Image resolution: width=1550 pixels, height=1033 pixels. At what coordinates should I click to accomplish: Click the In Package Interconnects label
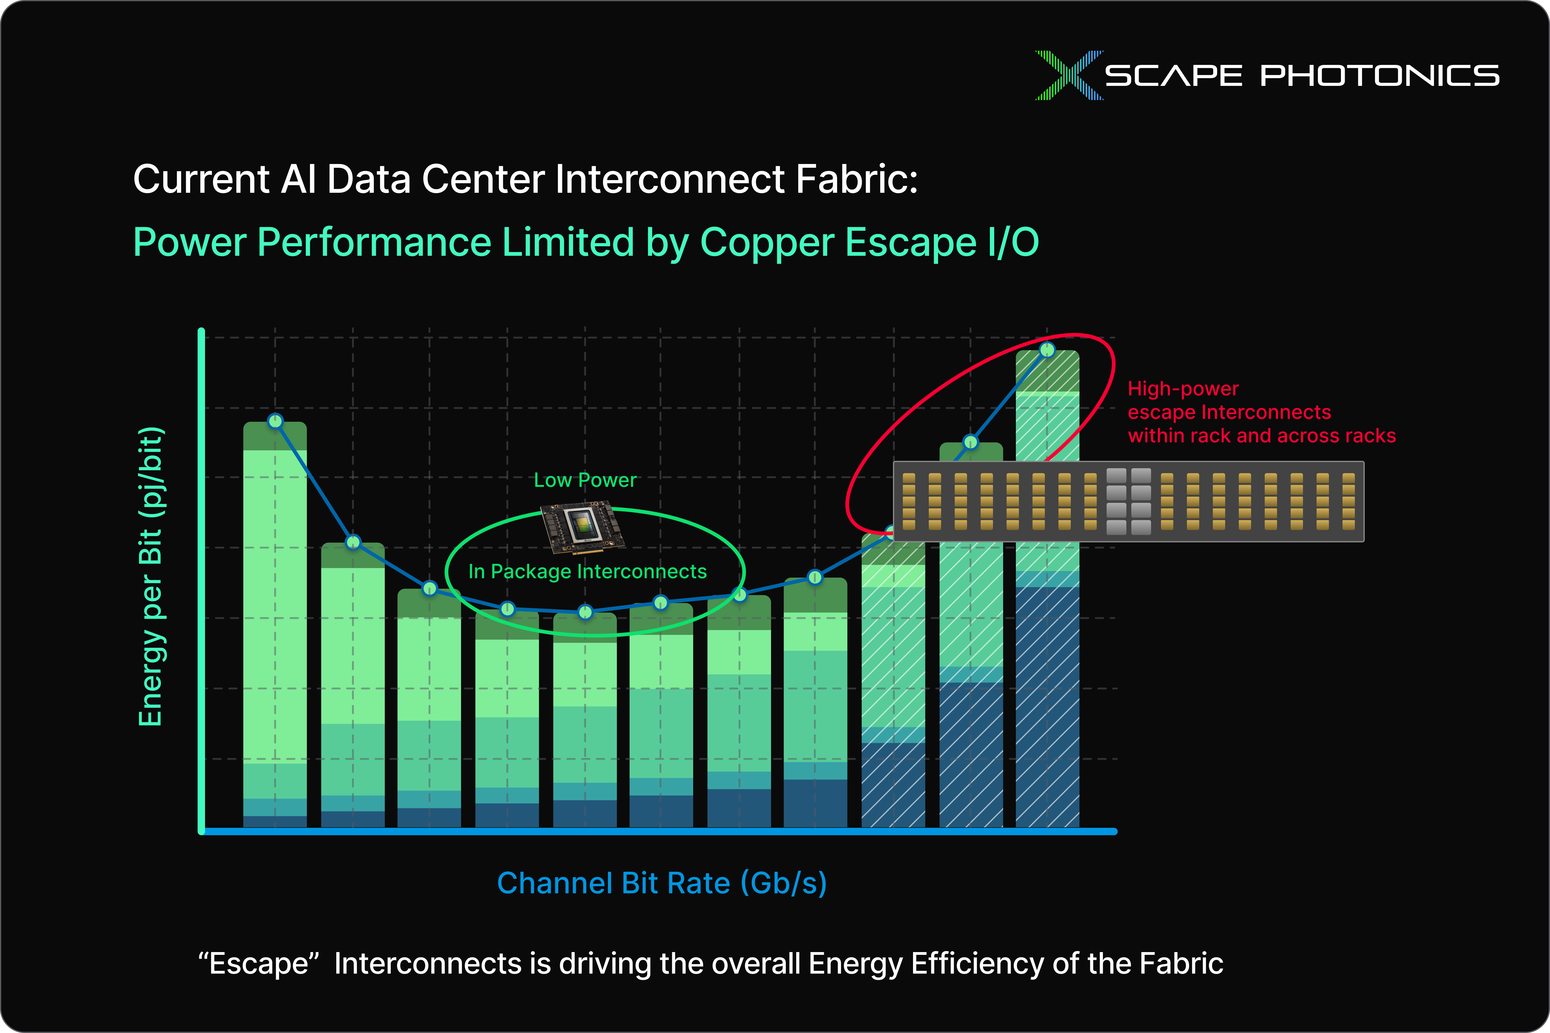(587, 571)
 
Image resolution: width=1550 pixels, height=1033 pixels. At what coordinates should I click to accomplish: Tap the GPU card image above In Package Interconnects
(582, 526)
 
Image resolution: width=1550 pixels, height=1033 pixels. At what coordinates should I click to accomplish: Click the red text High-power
(1183, 389)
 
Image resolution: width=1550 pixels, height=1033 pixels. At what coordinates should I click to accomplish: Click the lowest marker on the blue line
(585, 612)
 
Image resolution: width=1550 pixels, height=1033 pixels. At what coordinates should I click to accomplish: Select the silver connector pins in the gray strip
(1129, 501)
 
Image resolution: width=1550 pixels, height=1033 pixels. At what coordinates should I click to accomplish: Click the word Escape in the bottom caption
(259, 964)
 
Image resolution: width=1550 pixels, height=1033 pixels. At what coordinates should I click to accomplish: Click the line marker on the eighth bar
(815, 577)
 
